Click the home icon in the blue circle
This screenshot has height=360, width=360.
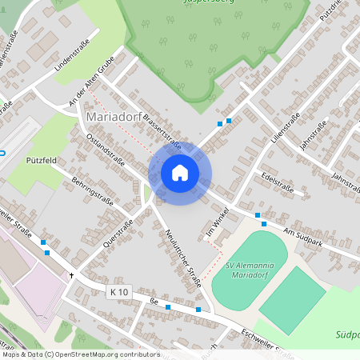[179, 173]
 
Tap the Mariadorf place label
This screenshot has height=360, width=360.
[114, 118]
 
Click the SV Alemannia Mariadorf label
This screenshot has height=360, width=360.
[254, 270]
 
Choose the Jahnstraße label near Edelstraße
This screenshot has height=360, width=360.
[346, 176]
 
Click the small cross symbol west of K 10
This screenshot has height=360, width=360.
[71, 276]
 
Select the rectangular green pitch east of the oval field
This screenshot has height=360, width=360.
[293, 301]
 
